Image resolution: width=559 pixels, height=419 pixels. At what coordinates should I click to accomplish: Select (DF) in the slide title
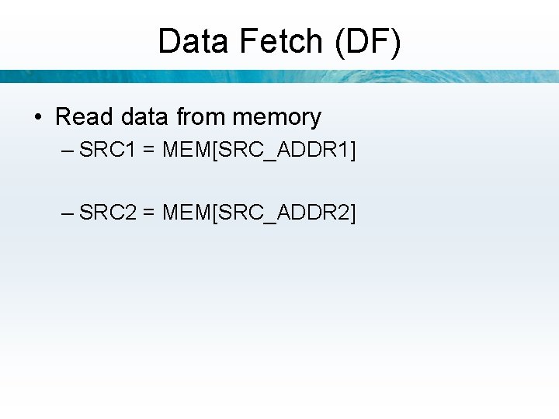(368, 41)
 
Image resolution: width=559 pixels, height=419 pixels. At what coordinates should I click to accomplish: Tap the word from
(200, 117)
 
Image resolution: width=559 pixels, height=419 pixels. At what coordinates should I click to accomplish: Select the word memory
(276, 117)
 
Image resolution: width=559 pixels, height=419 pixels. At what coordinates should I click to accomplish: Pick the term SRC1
(107, 149)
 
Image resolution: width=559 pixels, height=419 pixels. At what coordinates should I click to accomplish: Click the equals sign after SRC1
(148, 150)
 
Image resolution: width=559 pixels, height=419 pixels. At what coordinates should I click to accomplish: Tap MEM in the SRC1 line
(185, 149)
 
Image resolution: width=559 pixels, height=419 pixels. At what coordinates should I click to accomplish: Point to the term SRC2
(107, 211)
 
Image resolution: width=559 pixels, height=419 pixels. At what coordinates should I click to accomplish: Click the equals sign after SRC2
(148, 212)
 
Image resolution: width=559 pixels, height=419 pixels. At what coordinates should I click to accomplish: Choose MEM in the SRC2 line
(185, 211)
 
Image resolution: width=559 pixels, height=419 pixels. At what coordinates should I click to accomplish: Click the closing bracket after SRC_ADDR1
(353, 150)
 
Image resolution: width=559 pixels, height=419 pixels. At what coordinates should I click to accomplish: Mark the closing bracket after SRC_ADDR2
(353, 212)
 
